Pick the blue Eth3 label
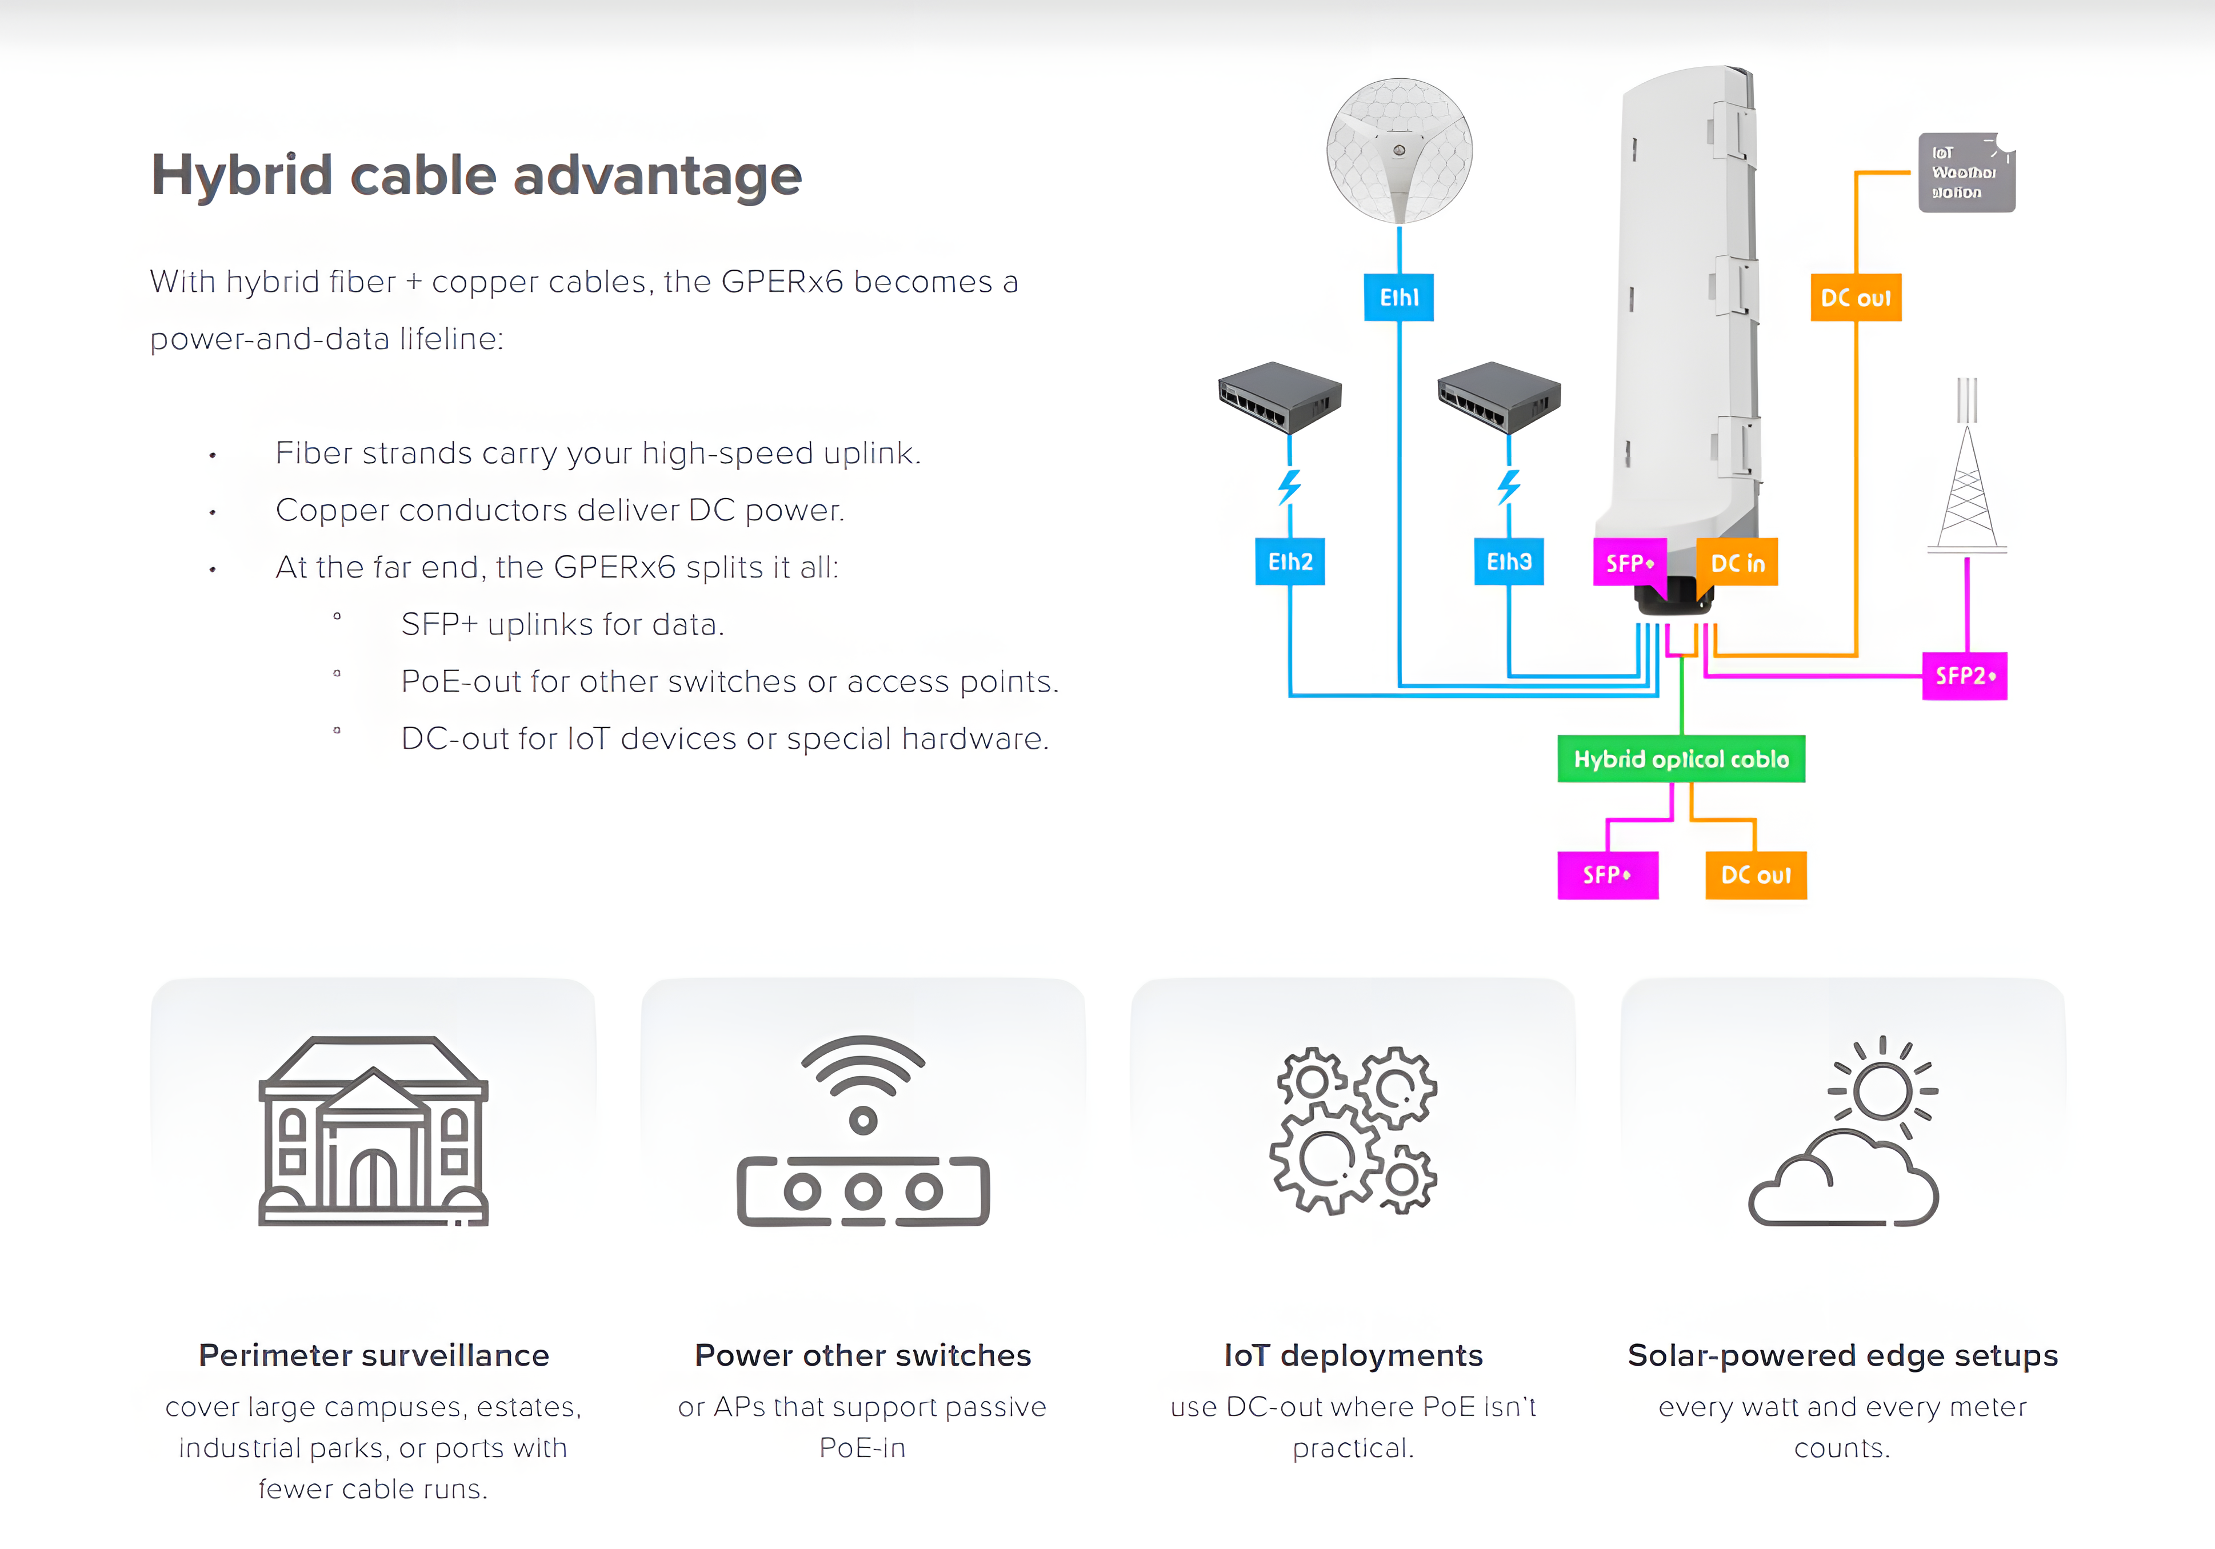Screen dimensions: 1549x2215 [x=1508, y=561]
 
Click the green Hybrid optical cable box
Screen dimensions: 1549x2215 [x=1681, y=759]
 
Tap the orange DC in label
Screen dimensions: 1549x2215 [x=1737, y=562]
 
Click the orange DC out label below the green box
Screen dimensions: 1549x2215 [x=1755, y=875]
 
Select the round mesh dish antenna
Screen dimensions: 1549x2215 [x=1399, y=150]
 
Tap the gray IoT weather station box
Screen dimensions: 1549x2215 [x=1965, y=172]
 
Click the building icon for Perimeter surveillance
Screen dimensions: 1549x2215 [x=373, y=1130]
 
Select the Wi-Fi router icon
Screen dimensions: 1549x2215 [x=862, y=1130]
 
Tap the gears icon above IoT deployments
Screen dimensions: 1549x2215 [x=1353, y=1130]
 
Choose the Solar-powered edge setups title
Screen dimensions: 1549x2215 [x=1842, y=1355]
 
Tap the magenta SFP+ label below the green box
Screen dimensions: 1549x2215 [x=1607, y=875]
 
